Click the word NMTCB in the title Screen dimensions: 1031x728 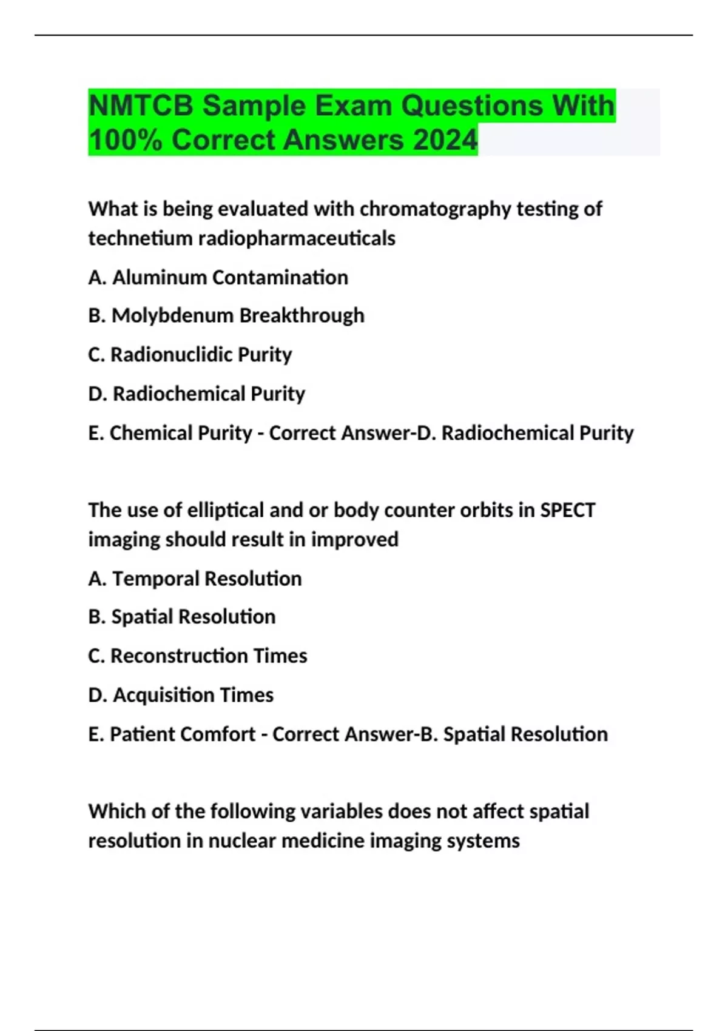(141, 106)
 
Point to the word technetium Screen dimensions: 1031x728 (140, 238)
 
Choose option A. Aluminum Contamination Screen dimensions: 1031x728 (218, 278)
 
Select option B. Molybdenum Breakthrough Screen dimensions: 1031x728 (226, 315)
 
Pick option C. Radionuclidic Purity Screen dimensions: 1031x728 (190, 355)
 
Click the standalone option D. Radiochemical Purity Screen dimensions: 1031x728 (197, 394)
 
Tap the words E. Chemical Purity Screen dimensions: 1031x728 (170, 433)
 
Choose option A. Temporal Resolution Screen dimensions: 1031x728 (195, 579)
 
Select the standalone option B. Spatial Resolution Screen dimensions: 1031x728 (182, 617)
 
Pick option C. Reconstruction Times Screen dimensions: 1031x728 (198, 656)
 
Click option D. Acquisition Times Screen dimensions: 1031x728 (181, 695)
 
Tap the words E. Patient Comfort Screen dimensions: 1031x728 (172, 734)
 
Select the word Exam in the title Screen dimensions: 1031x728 (358, 106)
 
